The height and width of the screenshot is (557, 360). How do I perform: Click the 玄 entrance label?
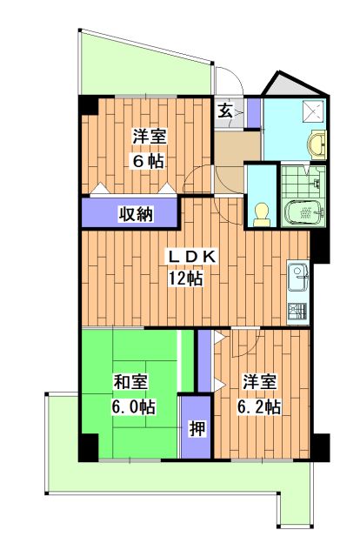224,111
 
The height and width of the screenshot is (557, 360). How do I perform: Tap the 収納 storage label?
136,214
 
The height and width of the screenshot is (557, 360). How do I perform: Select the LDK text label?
192,258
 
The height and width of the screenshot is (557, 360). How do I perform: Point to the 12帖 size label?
185,278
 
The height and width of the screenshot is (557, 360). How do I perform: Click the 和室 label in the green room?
130,382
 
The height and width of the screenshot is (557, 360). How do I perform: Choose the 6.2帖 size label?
259,407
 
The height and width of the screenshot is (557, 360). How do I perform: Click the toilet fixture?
262,215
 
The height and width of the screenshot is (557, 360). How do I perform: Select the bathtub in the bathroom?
304,212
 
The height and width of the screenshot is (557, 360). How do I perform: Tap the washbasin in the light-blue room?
317,145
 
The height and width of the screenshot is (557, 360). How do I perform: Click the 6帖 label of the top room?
149,162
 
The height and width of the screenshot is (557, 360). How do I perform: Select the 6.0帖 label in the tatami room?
134,407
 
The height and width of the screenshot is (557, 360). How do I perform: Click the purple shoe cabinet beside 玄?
254,112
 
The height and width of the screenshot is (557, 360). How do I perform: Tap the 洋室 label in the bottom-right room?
259,382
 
